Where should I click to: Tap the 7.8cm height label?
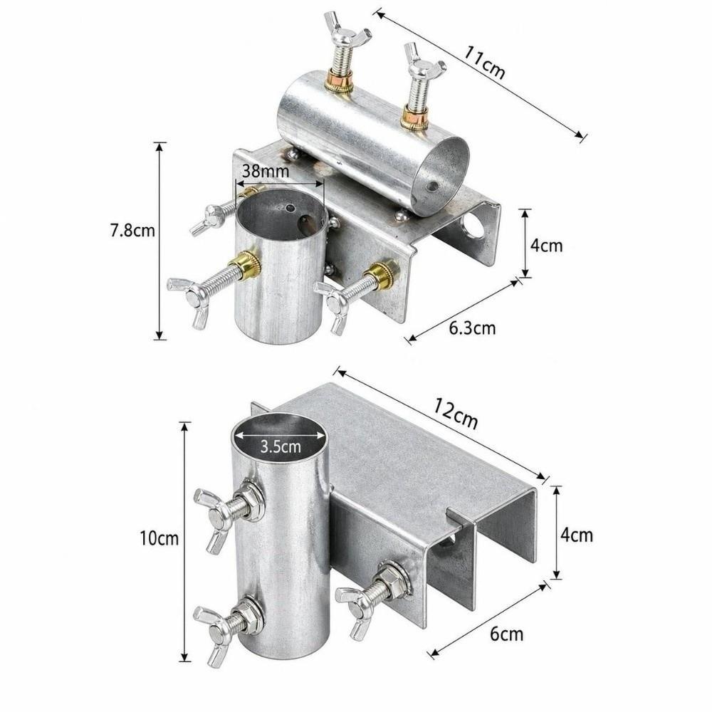(x=132, y=230)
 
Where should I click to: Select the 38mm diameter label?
(x=265, y=171)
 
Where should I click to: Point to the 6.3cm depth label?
(x=473, y=328)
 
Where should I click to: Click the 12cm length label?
(x=456, y=414)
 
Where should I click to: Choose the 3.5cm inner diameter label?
(x=281, y=447)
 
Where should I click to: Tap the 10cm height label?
(x=159, y=538)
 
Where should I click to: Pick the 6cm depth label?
(x=507, y=634)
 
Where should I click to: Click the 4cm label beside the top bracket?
(x=547, y=246)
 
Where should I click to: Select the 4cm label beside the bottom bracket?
(x=577, y=535)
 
